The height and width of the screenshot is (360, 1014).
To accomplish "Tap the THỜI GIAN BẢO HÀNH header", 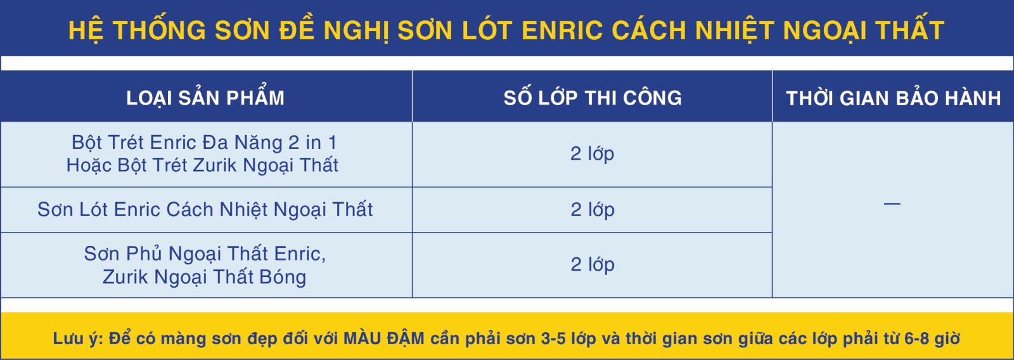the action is coord(894,98).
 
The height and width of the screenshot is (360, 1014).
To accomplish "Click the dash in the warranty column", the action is coord(892,204).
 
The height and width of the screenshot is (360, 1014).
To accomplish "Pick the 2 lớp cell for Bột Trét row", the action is coord(592,154).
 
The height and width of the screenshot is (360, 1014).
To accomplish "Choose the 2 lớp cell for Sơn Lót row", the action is coord(592,210).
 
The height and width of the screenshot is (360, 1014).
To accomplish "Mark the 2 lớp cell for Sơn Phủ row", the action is coord(592,264).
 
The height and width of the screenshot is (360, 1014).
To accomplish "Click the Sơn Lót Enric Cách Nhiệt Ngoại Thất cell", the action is coord(205,210).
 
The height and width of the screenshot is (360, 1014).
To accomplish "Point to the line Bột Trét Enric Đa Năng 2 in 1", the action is coord(204,143).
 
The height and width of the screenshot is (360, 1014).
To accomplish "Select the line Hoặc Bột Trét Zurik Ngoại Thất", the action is coord(202,165).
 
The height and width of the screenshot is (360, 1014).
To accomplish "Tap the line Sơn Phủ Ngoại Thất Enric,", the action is coord(205,254).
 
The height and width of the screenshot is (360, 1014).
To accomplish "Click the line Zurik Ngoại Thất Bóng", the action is coord(204,277).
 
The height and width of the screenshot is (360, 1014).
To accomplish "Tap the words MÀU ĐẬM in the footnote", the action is coord(384,338).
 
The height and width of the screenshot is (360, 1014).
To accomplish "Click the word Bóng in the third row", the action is coord(283,277).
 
